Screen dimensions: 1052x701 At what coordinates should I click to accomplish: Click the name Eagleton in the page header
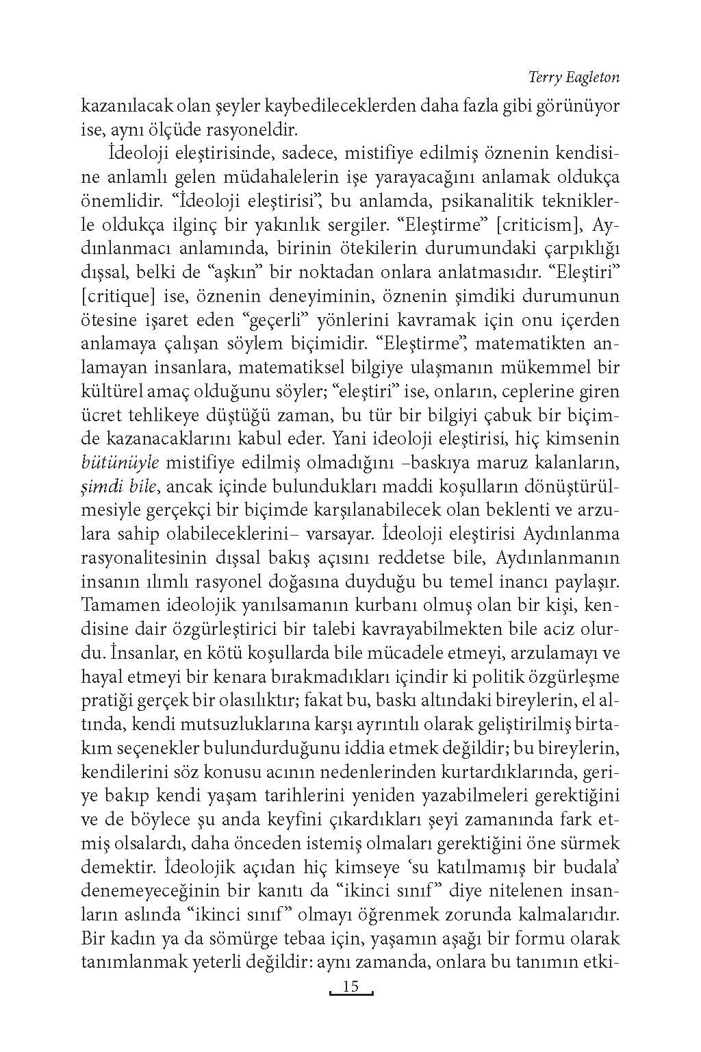592,77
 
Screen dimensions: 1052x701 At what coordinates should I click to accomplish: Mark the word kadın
129,940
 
